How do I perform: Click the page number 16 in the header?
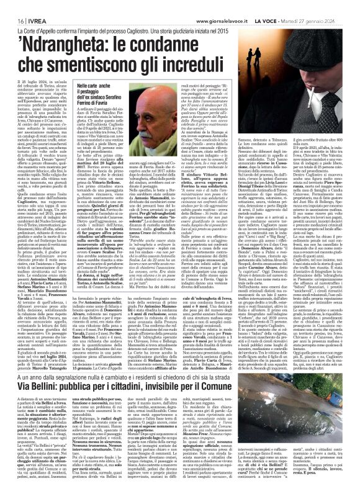(13, 6)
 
